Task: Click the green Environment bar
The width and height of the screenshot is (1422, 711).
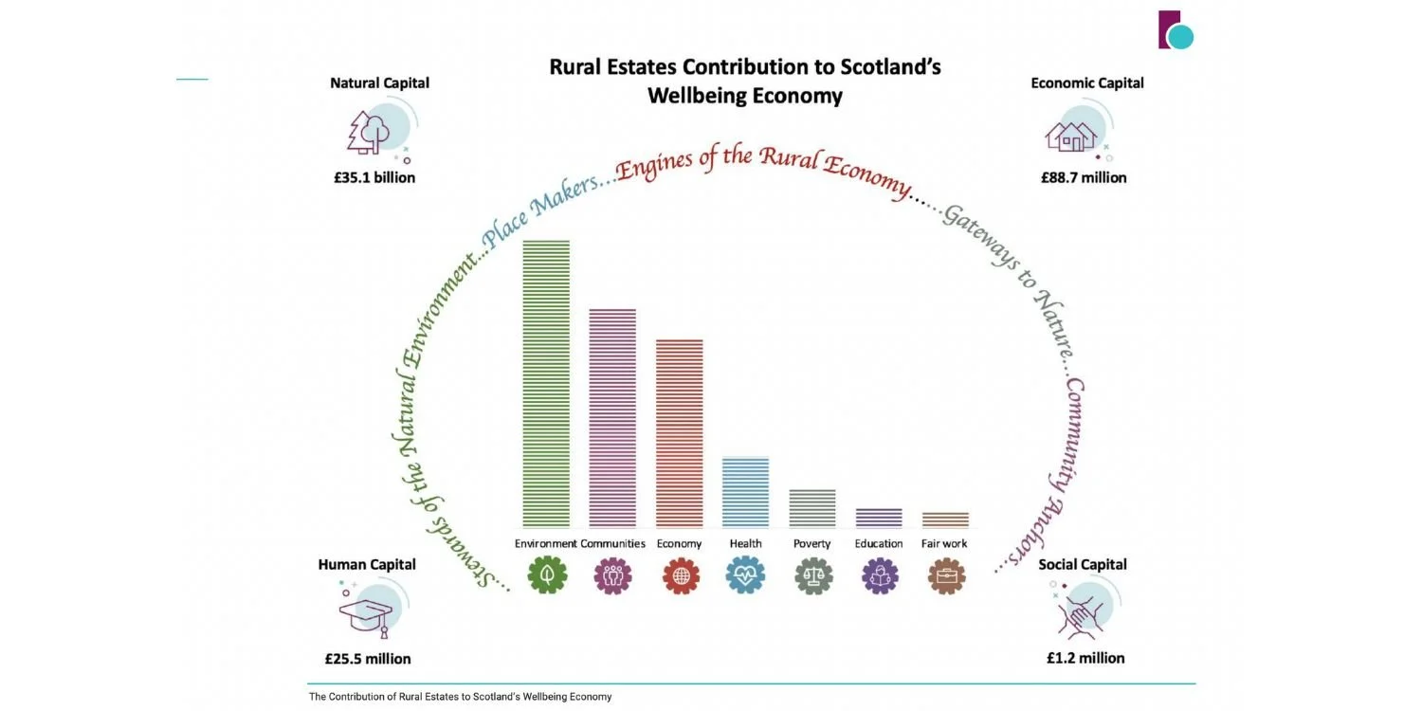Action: [546, 383]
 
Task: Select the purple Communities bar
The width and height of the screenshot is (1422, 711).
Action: [612, 418]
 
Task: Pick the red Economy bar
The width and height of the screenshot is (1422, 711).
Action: [680, 433]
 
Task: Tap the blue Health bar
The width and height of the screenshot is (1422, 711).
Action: [746, 492]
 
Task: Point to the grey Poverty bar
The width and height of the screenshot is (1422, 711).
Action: [812, 508]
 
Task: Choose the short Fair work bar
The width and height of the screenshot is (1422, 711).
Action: [945, 520]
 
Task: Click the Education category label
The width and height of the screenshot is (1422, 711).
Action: [879, 543]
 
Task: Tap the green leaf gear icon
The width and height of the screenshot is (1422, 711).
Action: [547, 575]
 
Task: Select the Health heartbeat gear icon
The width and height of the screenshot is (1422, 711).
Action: [746, 575]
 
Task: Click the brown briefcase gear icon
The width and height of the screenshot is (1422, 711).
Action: [946, 575]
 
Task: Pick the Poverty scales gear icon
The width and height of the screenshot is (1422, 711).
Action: [813, 575]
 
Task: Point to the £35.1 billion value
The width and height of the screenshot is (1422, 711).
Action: [374, 178]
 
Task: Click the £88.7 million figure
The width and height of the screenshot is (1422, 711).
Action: [1084, 178]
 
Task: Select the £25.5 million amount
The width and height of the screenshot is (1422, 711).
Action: [368, 659]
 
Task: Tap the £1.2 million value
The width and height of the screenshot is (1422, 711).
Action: [1085, 658]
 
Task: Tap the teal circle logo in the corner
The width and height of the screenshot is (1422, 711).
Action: [1181, 37]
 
